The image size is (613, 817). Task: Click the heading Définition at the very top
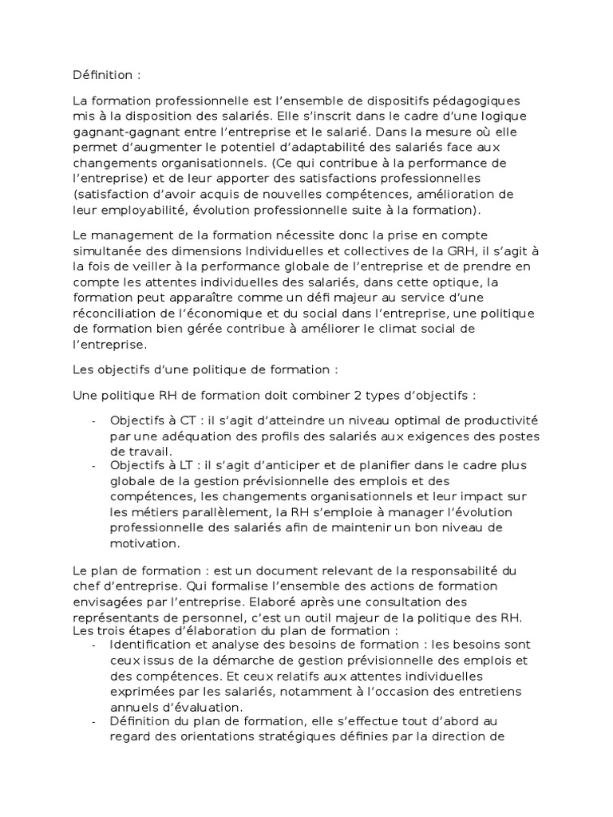106,76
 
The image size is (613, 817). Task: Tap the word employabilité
144,209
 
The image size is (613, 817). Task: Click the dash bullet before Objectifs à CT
94,420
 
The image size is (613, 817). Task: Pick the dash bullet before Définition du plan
94,722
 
